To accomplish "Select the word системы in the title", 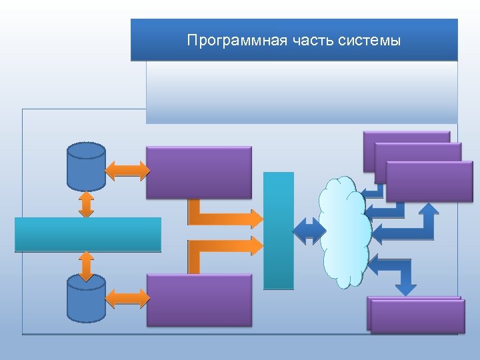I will coord(369,41).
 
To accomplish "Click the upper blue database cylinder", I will coord(87,166).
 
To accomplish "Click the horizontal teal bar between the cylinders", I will coord(88,234).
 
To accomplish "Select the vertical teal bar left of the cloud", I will coord(279,231).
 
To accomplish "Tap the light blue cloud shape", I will coord(344,231).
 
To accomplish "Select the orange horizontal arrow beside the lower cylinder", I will coord(128,297).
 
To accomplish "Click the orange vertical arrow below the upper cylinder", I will coord(86,204).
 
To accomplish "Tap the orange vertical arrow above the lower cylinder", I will coord(86,265).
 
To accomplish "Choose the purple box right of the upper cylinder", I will coord(199,172).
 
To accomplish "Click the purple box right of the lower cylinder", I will coord(199,300).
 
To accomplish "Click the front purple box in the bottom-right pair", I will coord(417,316).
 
